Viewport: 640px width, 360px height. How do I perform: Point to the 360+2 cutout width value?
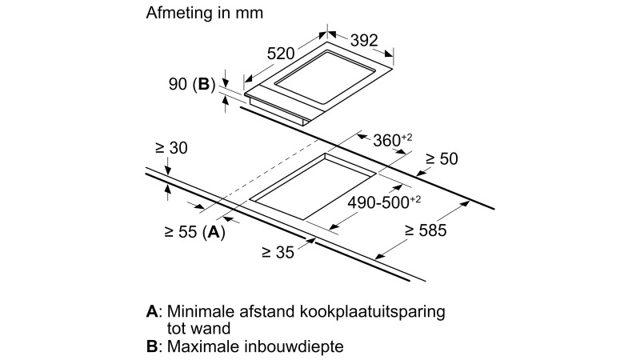pos(393,140)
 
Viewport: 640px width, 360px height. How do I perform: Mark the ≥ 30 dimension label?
pos(171,148)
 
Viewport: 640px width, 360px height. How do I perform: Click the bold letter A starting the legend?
pos(152,310)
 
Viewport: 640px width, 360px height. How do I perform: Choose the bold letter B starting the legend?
pos(152,347)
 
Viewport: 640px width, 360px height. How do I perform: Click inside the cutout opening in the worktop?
pos(313,187)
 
